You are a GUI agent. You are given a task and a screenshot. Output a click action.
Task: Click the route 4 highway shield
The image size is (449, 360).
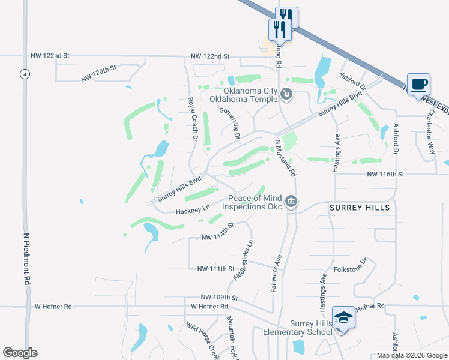24,74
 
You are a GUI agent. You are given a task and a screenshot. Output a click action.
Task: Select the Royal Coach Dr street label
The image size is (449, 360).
192,119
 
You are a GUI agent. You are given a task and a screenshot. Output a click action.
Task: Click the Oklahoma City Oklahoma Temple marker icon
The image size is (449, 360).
286,94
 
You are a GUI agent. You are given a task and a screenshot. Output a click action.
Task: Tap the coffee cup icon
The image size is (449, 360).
418,84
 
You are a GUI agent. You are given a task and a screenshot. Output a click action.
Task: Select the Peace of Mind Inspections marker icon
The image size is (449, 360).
291,201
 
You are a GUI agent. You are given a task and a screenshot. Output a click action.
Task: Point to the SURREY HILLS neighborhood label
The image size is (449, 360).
360,208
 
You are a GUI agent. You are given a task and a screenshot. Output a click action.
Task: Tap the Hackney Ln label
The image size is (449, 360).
192,210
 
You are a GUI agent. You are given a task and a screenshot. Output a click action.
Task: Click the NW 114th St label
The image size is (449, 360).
217,232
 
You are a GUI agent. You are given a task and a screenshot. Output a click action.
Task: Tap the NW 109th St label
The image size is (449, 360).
220,298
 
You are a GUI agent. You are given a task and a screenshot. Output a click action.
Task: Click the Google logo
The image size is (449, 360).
20,353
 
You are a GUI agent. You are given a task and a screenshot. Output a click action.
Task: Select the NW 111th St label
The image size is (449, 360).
215,269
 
